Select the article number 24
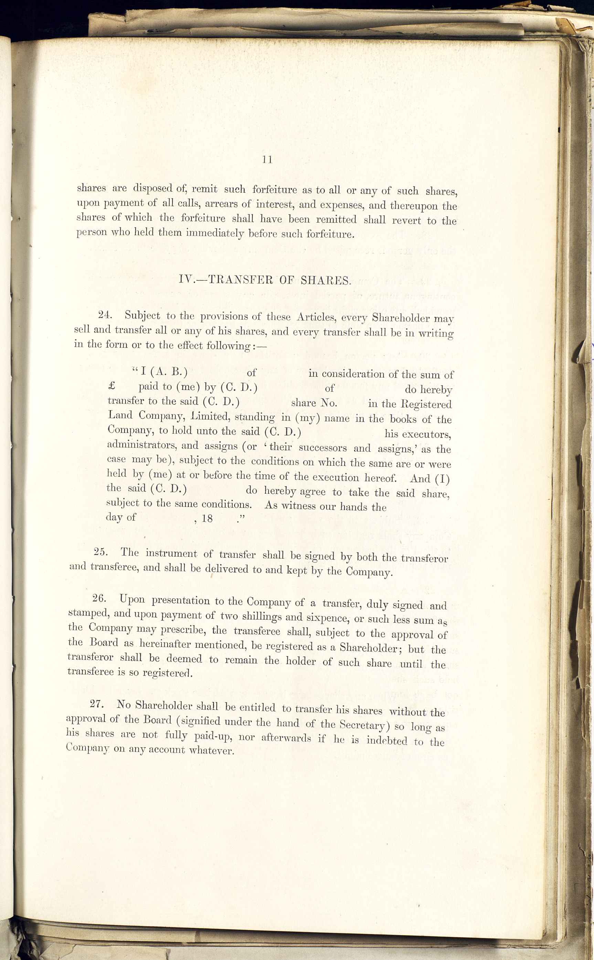[x=106, y=315]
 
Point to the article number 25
[x=101, y=551]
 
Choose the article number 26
[x=100, y=598]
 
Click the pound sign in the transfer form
[x=111, y=386]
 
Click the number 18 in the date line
[x=207, y=518]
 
